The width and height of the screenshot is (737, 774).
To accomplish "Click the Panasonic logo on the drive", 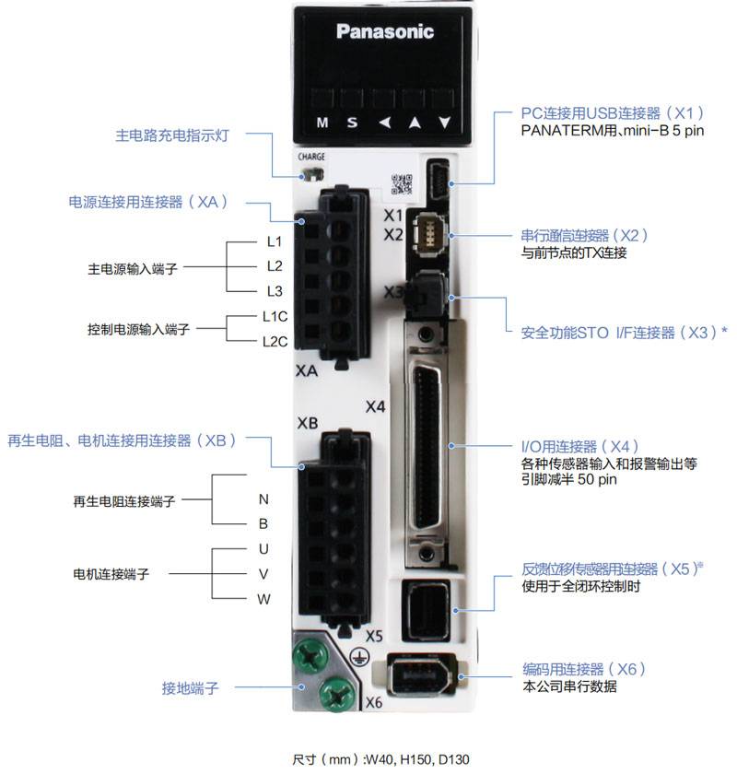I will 384,32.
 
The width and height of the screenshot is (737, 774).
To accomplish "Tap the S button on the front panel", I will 351,122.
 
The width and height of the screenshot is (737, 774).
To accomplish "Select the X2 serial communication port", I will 427,236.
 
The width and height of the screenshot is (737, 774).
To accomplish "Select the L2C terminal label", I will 275,341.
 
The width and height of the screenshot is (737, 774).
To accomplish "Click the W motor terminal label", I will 263,599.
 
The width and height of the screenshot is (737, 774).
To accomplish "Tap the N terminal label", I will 263,499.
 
